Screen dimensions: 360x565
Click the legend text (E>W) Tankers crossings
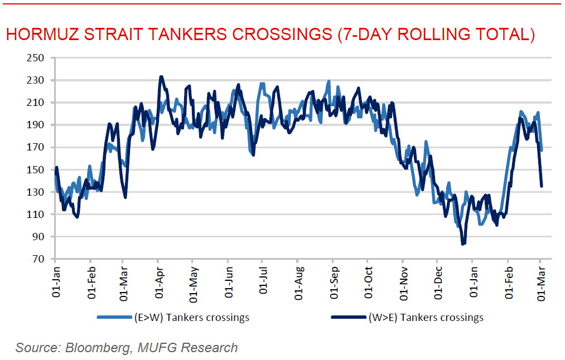point(191,318)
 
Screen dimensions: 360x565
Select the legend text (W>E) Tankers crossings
point(426,318)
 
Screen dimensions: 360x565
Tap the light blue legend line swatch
point(114,318)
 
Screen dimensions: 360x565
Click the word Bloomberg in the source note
point(99,348)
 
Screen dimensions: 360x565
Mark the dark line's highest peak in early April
point(161,77)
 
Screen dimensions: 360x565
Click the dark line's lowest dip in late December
point(463,244)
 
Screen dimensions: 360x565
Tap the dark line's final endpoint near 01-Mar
point(542,186)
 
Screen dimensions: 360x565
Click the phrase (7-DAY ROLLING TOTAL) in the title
point(436,34)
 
